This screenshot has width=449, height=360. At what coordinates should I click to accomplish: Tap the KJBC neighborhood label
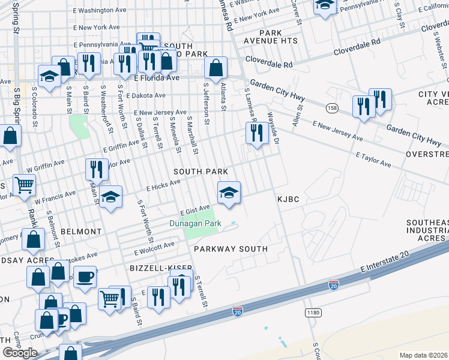point(288,199)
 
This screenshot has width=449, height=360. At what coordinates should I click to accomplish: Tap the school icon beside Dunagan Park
point(229,193)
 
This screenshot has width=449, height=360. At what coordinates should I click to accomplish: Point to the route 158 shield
point(332,108)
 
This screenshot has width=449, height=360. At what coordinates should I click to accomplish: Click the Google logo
point(20,353)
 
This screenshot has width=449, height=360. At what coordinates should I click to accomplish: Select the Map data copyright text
point(423,355)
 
